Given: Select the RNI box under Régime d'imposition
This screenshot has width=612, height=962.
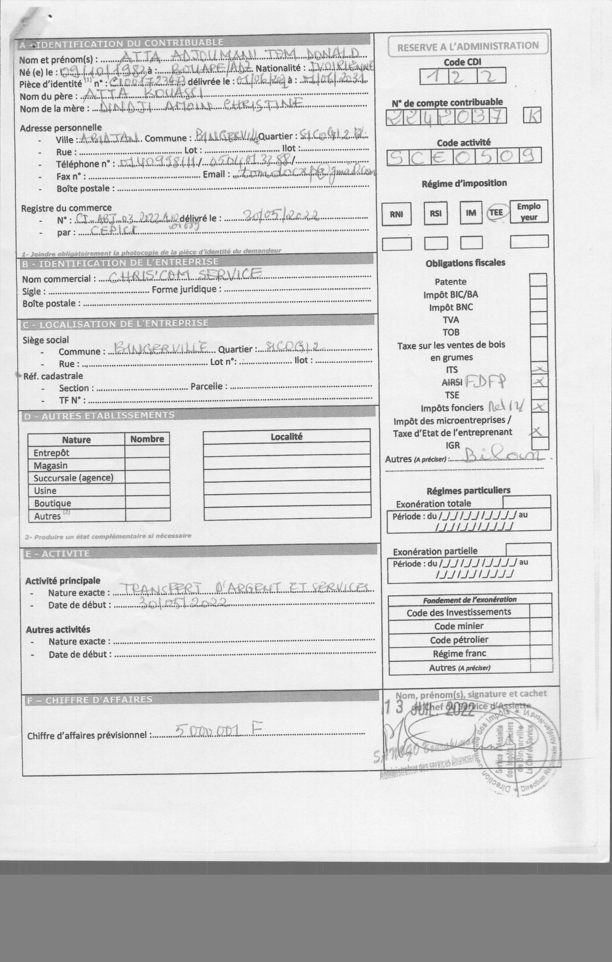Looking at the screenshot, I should [x=396, y=214].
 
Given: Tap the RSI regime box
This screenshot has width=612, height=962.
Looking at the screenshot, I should [x=435, y=213].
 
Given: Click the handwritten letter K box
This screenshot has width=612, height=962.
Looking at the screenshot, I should [x=532, y=116].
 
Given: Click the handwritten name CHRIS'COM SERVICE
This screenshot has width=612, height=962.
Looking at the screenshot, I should [x=185, y=275].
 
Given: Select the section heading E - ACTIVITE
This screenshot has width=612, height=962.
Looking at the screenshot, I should [x=57, y=553].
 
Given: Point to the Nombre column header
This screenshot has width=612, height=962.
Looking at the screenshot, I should [x=147, y=439].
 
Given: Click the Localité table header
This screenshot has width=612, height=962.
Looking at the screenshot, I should [x=287, y=436].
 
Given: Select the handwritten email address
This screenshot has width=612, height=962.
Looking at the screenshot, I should [x=306, y=172].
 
